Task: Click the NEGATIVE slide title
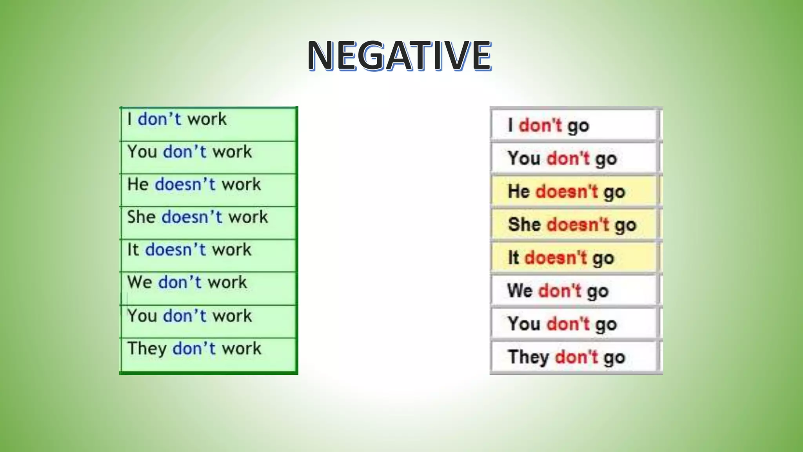[x=399, y=56]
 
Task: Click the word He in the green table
[x=138, y=184]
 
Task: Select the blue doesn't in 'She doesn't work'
[x=192, y=217]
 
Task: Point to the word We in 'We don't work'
[x=140, y=282]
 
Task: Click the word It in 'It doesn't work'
[x=133, y=250]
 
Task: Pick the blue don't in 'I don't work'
[x=159, y=119]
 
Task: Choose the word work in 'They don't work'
[x=242, y=348]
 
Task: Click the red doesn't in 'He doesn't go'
[x=567, y=192]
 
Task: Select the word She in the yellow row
[x=524, y=225]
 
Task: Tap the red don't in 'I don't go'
[x=540, y=126]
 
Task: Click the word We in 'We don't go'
[x=520, y=291]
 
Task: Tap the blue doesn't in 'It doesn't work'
[x=175, y=250]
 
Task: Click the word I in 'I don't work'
[x=129, y=119]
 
